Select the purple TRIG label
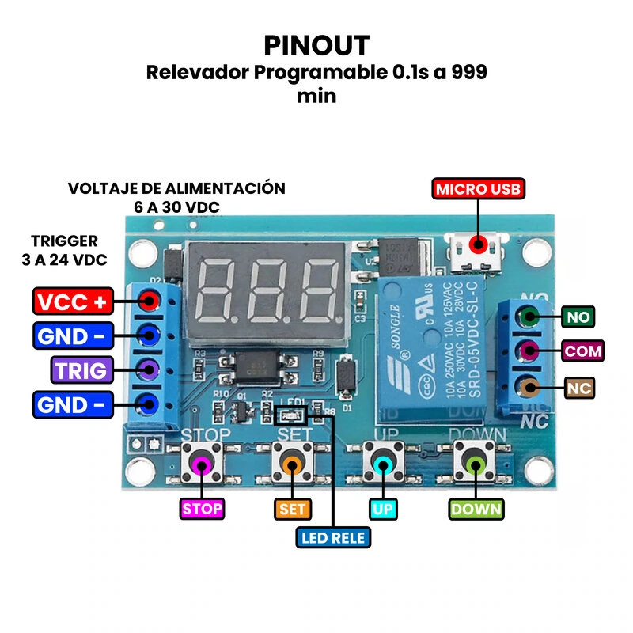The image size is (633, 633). click(x=81, y=370)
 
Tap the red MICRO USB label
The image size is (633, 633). click(x=478, y=189)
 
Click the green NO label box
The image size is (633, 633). click(x=578, y=318)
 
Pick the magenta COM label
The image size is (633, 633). click(x=583, y=351)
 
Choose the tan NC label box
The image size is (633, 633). click(x=579, y=388)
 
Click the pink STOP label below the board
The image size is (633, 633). click(x=202, y=509)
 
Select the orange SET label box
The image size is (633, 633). click(x=293, y=509)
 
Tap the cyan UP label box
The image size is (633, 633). click(x=382, y=509)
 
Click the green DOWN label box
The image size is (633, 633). click(x=476, y=509)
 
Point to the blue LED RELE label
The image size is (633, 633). click(x=333, y=538)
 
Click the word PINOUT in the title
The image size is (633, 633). click(x=316, y=46)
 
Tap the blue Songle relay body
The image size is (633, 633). click(x=434, y=348)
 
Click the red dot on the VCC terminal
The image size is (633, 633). click(x=147, y=301)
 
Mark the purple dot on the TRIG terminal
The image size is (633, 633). click(x=147, y=367)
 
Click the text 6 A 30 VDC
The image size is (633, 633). click(x=177, y=207)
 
